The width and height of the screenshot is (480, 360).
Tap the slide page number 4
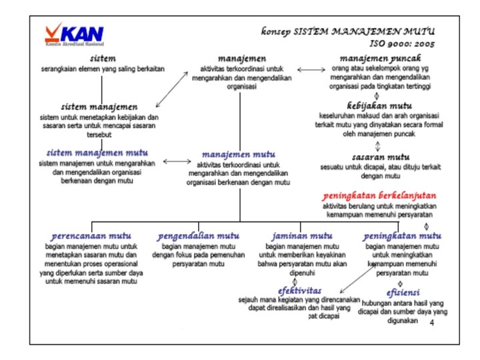431,322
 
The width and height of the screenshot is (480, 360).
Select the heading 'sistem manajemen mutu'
97,153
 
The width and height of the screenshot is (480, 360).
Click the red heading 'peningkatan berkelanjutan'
379,195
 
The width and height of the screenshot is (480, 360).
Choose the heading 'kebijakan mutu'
379,105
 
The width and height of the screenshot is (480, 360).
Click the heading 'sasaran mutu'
379,157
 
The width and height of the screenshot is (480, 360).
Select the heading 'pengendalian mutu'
198,236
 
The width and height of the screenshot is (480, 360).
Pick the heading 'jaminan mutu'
302,236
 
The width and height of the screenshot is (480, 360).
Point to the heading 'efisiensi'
402,292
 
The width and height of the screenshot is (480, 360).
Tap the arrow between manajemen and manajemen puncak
311,69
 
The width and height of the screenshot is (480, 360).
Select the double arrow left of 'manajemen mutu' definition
177,161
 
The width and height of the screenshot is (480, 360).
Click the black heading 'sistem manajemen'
99,107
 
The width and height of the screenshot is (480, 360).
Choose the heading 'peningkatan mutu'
402,236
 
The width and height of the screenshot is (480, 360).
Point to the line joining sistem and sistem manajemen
102,87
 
